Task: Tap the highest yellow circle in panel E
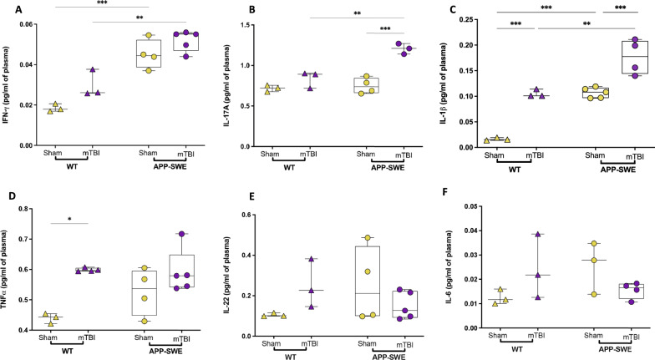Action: click(365, 238)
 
